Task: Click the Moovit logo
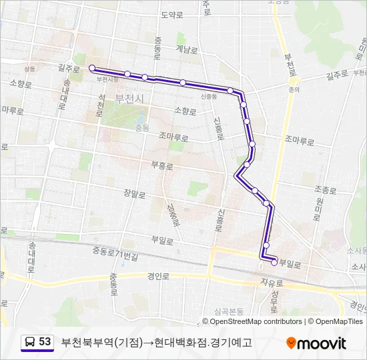[x=316, y=343]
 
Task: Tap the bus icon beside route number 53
[x=30, y=343]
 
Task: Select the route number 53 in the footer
[x=45, y=342]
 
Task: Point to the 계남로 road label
[x=188, y=49]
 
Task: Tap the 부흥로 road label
[x=162, y=164]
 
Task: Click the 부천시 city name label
[x=129, y=98]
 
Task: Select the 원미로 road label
[x=320, y=208]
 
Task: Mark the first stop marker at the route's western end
[x=91, y=67]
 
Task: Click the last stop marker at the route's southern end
[x=274, y=263]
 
